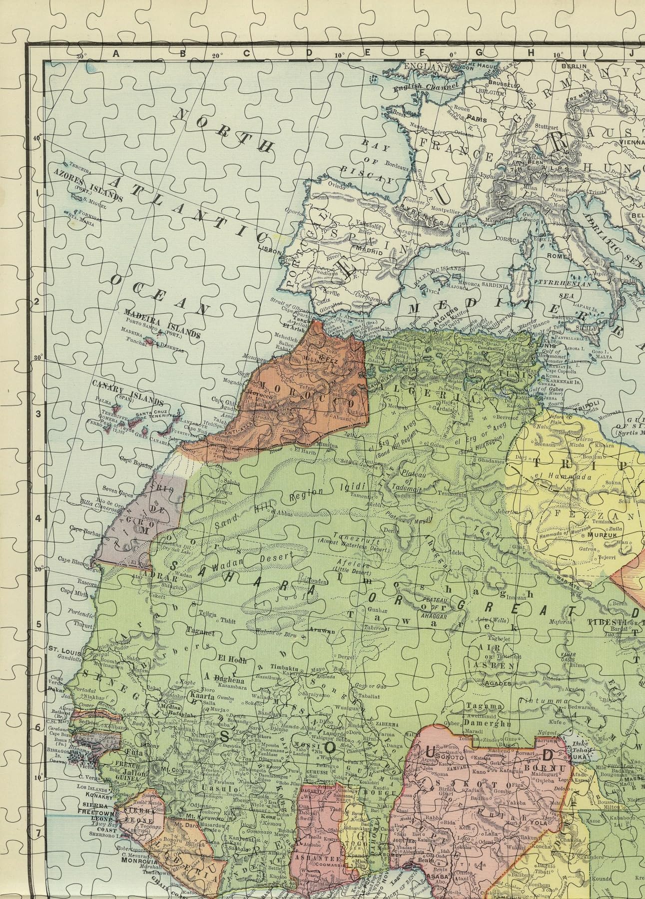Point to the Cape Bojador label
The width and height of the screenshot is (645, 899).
pos(136,459)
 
